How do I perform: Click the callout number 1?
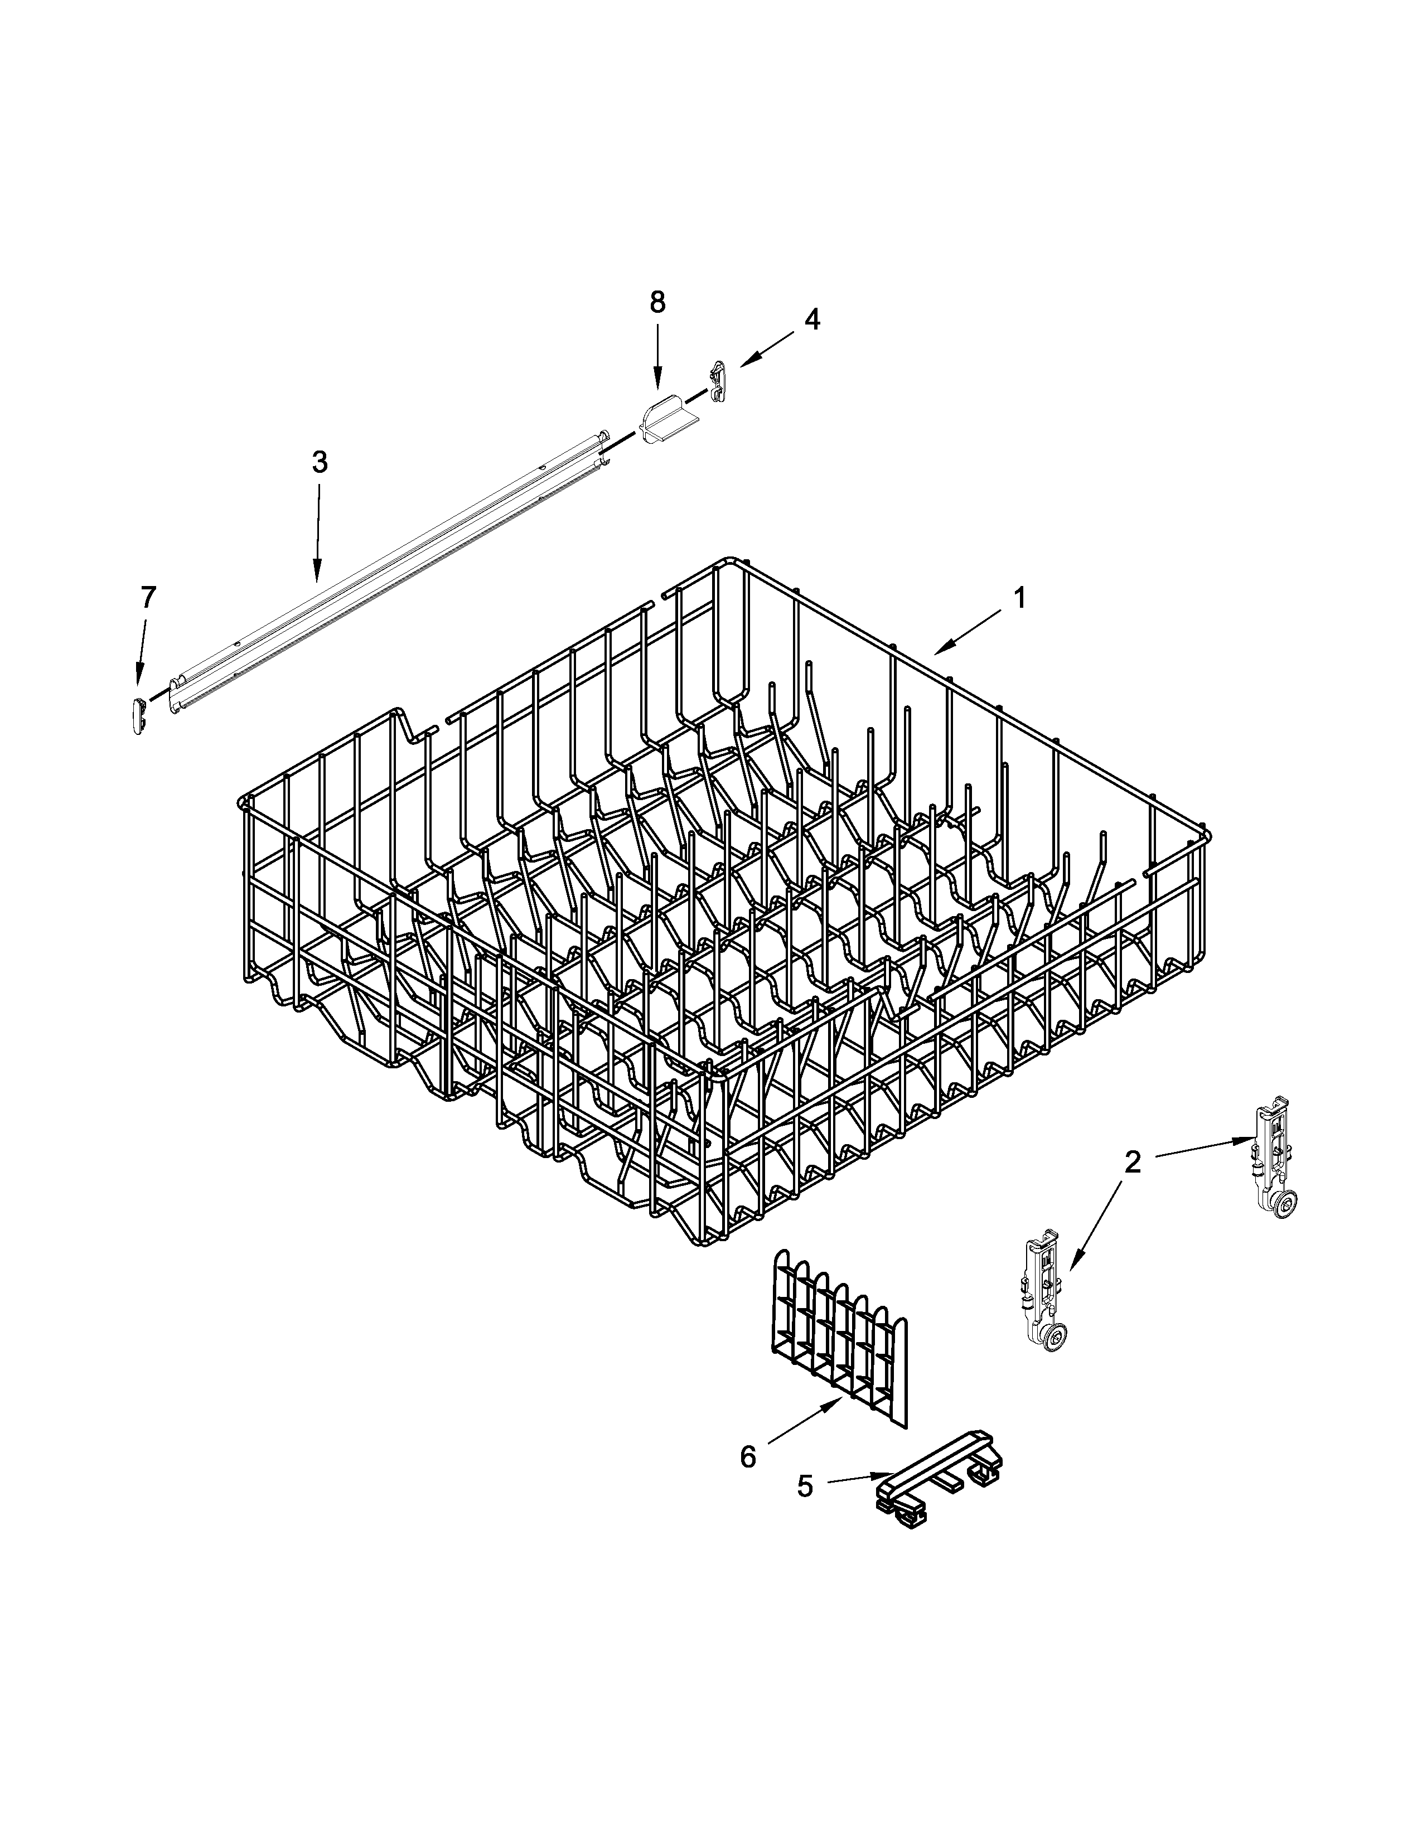tap(1019, 598)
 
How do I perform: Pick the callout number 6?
tap(748, 1456)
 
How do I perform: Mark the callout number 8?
tap(657, 302)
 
